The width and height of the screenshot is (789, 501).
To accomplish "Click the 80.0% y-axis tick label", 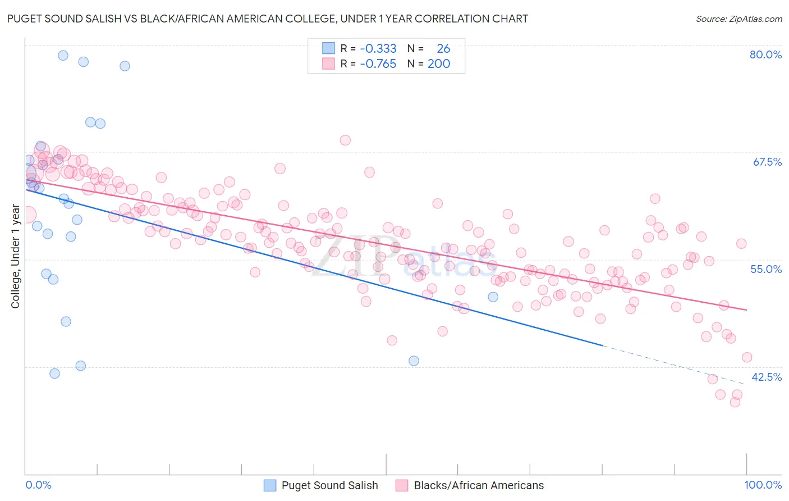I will [765, 54].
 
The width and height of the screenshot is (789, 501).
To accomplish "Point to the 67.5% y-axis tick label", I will [767, 162].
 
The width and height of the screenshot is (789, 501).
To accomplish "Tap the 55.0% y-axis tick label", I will [766, 269].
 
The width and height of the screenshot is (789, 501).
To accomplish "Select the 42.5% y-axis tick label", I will [767, 377].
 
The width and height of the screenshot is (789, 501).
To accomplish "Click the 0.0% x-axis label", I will [38, 485].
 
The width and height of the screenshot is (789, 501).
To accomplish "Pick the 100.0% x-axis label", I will [763, 485].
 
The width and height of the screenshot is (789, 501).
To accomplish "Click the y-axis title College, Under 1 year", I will [16, 257].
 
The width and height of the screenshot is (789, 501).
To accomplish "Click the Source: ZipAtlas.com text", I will [738, 19].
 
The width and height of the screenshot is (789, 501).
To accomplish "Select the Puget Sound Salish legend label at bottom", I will [329, 485].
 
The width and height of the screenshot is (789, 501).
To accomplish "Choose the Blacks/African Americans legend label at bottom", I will [479, 485].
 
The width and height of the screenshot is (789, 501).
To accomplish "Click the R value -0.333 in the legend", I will [378, 49].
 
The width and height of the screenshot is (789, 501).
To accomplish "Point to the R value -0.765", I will [378, 64].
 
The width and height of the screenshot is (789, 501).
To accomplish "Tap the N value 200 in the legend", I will [439, 64].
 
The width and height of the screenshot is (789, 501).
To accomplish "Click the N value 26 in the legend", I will [443, 49].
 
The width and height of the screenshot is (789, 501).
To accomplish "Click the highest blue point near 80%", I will [63, 55].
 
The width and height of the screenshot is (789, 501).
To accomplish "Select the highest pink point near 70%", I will [345, 140].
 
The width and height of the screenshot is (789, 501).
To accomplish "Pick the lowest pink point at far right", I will [735, 402].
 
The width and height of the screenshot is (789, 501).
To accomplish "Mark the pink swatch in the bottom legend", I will [401, 485].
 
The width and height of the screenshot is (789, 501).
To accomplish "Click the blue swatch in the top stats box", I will [328, 49].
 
